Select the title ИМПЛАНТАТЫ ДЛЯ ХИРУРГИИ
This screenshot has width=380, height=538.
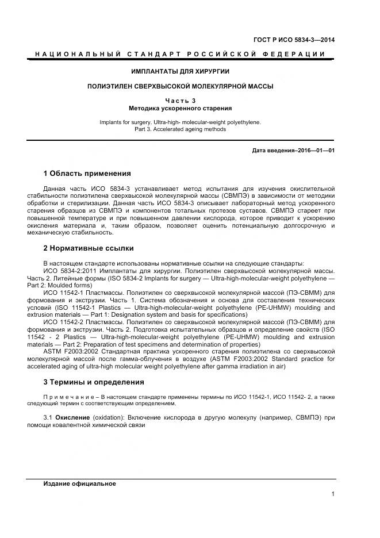pos(180,71)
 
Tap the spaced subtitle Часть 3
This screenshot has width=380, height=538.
pos(180,101)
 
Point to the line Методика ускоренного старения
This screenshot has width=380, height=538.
pos(180,108)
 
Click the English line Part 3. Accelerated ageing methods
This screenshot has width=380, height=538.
pos(180,129)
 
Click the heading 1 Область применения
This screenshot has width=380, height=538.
pos(87,173)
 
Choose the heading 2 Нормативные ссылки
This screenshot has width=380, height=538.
pos(89,248)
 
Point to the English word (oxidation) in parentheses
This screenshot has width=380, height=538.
pos(108,416)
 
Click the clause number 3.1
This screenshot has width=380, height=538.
pos(48,416)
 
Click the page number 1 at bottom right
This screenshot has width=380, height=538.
pos(333,493)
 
